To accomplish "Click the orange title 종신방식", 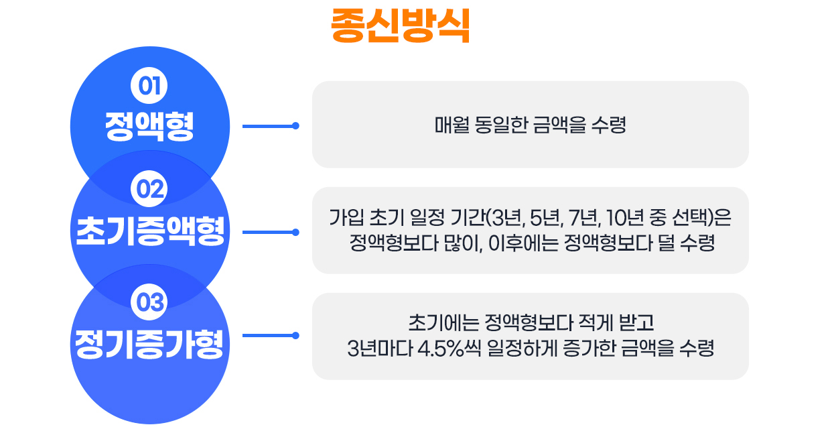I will [400, 26].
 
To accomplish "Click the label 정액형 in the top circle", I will [149, 126].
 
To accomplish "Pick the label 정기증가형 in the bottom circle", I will [149, 343].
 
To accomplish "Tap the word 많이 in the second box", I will [464, 243].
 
